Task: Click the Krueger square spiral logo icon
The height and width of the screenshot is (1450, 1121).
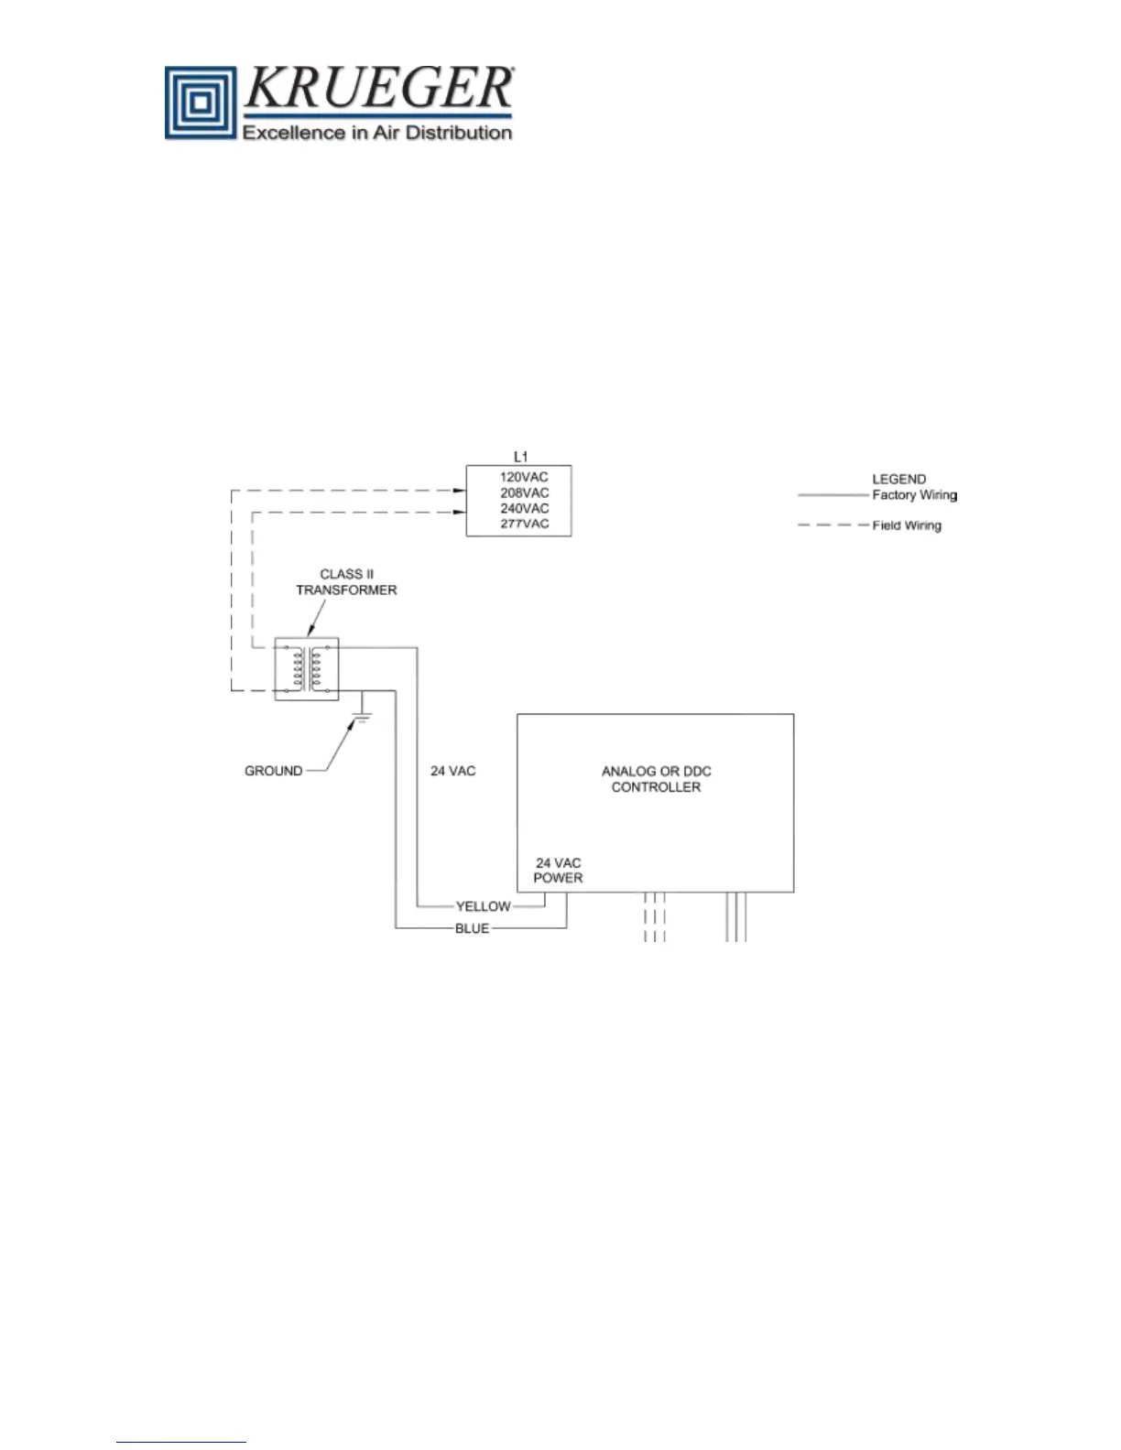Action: click(x=201, y=103)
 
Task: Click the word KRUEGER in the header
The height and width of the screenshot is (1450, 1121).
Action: click(x=378, y=89)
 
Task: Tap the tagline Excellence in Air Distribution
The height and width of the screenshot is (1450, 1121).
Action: click(x=376, y=133)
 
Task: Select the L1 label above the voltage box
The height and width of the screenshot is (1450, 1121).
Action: click(x=520, y=457)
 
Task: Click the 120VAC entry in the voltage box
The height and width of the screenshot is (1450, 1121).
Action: click(x=524, y=477)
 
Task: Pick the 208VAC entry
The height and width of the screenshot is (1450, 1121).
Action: click(x=524, y=492)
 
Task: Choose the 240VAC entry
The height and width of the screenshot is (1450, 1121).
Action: click(x=524, y=508)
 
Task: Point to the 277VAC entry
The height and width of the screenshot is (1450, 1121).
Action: click(x=524, y=524)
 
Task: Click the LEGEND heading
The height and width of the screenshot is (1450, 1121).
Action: click(x=898, y=479)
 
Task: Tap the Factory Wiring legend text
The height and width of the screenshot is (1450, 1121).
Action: click(x=914, y=495)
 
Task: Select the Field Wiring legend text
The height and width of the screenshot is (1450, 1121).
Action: click(x=906, y=525)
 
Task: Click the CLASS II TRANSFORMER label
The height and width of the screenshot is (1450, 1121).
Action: click(x=346, y=582)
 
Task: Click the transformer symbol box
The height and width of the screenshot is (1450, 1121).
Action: click(x=307, y=669)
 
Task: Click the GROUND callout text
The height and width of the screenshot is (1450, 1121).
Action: click(x=273, y=771)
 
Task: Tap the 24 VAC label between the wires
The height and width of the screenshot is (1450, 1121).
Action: click(x=453, y=771)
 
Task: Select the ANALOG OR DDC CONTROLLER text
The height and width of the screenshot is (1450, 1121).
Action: click(x=656, y=779)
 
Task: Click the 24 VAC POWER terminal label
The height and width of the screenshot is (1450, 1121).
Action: click(x=558, y=871)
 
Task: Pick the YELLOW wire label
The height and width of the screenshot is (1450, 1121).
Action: click(x=483, y=906)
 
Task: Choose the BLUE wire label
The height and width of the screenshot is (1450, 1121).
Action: click(x=472, y=928)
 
